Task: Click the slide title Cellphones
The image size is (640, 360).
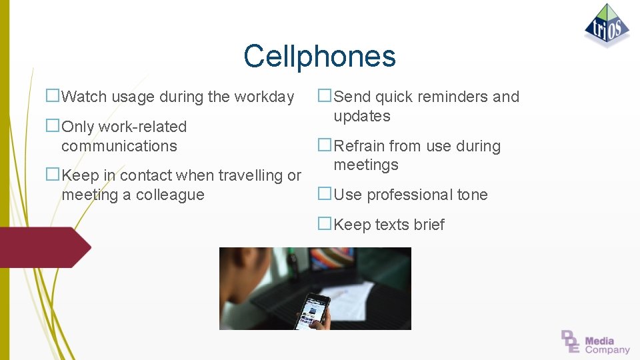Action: click(319, 56)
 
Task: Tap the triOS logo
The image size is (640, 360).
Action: click(607, 25)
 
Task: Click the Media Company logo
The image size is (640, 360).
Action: click(595, 341)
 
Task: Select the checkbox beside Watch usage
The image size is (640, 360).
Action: click(53, 96)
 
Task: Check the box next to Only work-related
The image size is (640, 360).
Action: click(53, 126)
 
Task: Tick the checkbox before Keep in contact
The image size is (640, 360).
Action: click(53, 175)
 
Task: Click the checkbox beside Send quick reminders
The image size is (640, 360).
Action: click(325, 96)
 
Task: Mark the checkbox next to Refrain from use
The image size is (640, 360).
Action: click(325, 145)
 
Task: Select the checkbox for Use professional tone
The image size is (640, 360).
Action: click(325, 194)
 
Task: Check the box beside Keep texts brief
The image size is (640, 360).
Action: click(325, 225)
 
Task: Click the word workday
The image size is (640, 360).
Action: click(265, 97)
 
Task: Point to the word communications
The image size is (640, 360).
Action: click(119, 146)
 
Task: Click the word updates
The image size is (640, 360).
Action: click(362, 117)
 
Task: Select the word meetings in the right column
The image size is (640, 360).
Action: click(366, 165)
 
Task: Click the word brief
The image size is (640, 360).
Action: click(428, 225)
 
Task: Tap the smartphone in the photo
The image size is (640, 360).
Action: click(312, 309)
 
